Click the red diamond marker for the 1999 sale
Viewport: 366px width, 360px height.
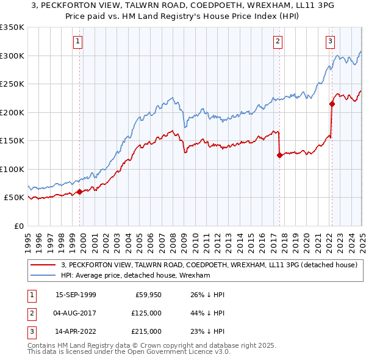click(80, 192)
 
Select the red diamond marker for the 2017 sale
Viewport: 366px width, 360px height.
click(279, 155)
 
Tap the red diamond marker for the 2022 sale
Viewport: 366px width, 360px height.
click(332, 104)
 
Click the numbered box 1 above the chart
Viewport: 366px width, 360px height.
click(79, 41)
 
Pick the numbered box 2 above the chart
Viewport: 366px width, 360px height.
click(278, 41)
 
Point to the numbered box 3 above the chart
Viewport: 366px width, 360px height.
click(330, 41)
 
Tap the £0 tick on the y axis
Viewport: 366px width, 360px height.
click(19, 226)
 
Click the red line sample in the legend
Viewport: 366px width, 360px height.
click(43, 265)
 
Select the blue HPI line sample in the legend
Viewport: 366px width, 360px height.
click(43, 276)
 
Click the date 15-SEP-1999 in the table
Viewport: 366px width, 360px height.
click(76, 295)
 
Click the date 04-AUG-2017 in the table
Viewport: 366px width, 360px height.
click(76, 313)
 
